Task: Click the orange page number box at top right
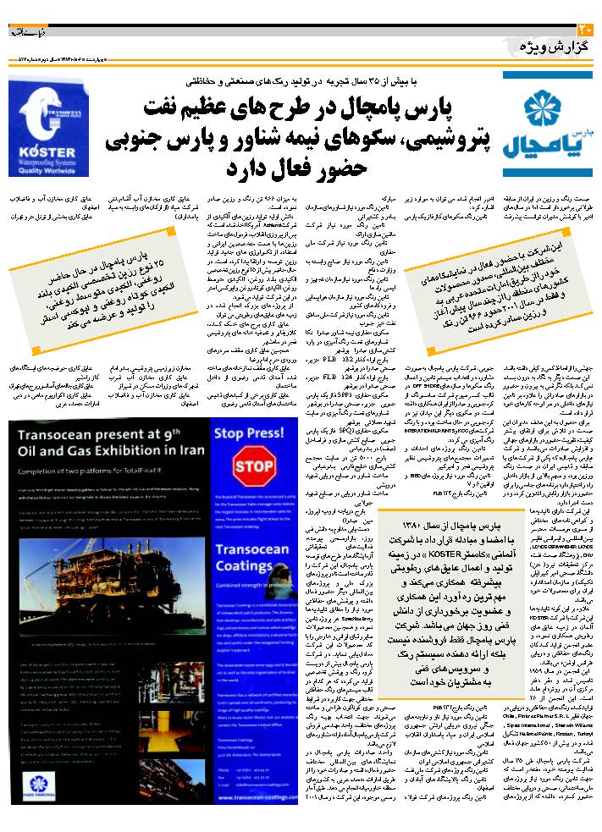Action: pyautogui.click(x=589, y=8)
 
